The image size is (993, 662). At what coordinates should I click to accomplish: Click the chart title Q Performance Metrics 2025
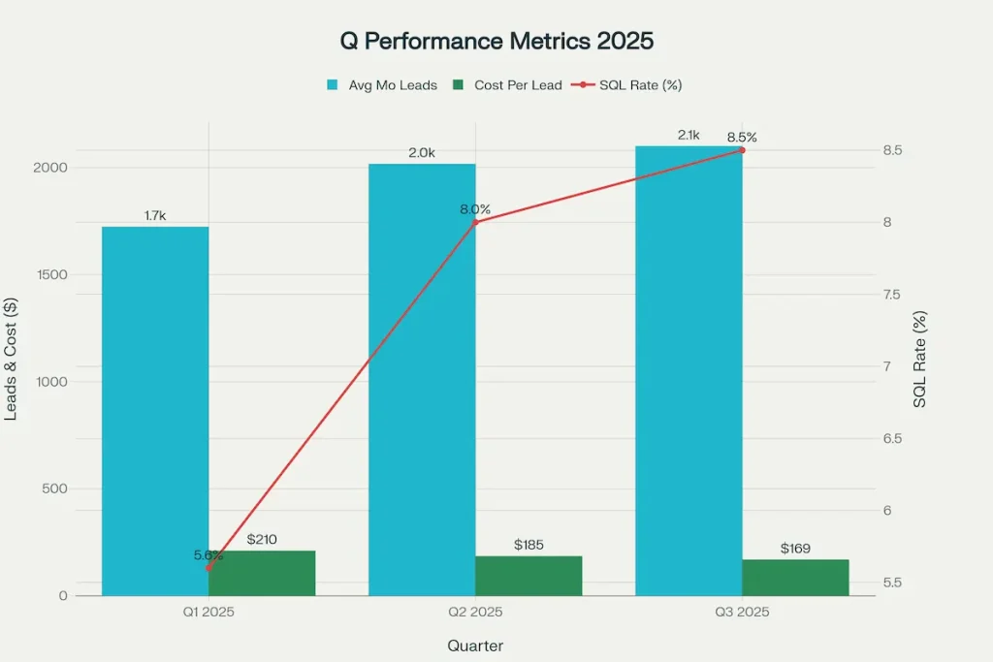click(496, 42)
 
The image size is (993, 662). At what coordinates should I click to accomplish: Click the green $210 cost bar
click(262, 573)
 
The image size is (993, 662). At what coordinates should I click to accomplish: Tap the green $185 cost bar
click(529, 576)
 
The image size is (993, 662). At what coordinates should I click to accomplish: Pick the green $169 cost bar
click(795, 578)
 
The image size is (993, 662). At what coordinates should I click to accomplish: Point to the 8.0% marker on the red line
click(475, 222)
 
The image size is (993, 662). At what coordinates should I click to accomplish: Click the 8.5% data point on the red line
click(742, 150)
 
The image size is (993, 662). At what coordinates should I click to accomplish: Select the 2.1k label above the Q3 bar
click(689, 135)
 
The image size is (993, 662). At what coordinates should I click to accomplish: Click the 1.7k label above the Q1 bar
click(155, 215)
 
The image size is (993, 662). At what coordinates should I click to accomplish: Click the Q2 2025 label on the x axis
click(475, 613)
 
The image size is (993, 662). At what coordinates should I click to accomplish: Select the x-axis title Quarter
click(475, 646)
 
